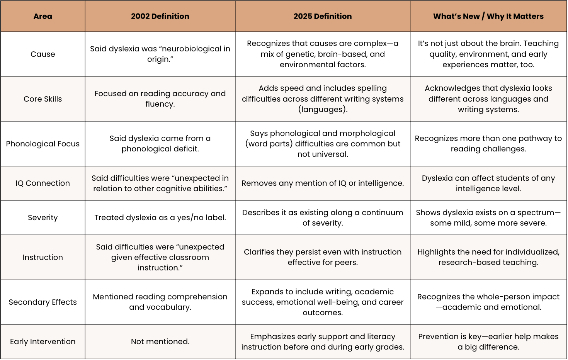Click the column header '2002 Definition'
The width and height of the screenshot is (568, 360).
(x=160, y=16)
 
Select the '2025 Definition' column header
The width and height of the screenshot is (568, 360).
(x=323, y=16)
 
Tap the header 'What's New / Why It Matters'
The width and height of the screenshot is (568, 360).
(x=488, y=16)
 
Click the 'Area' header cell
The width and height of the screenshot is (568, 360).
(x=43, y=16)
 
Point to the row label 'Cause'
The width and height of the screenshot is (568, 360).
(x=43, y=54)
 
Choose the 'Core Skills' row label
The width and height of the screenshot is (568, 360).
(x=43, y=99)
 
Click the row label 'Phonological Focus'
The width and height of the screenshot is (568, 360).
(x=43, y=144)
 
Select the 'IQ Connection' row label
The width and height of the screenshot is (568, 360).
(x=43, y=183)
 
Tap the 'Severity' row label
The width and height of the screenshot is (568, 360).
(x=43, y=217)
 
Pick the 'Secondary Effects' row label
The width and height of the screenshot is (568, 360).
(x=43, y=302)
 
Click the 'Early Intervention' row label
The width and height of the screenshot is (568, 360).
(x=43, y=341)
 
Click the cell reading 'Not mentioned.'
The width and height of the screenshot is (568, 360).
(x=160, y=341)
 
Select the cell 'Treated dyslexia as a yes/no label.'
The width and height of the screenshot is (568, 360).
(x=160, y=217)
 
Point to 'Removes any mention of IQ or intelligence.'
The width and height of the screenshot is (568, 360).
(x=323, y=183)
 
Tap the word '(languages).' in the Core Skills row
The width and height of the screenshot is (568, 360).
(x=323, y=109)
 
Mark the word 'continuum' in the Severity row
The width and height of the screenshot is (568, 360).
(x=383, y=212)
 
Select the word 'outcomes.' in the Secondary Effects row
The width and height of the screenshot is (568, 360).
(x=323, y=312)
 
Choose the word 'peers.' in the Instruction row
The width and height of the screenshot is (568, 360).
(x=346, y=262)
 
